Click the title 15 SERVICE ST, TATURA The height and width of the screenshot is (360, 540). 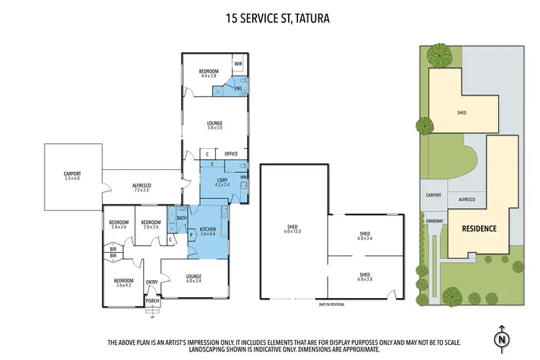click(270, 17)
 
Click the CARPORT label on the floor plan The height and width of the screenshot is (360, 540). click(72, 174)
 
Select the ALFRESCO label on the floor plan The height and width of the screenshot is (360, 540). click(141, 186)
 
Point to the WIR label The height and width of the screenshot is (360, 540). click(238, 64)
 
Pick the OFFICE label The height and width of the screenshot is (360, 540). click(231, 153)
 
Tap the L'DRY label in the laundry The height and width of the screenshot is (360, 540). click(222, 180)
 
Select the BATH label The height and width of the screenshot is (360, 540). click(181, 217)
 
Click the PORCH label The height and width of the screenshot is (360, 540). click(153, 300)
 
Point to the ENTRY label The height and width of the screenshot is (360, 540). click(152, 282)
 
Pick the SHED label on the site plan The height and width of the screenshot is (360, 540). click(462, 112)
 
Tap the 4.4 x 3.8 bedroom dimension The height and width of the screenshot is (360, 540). click(209, 75)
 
